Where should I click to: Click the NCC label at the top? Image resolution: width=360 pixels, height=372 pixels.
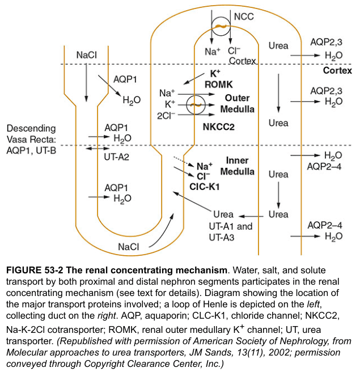pos(244,16)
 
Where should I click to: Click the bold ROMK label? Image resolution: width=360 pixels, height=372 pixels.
pos(218,84)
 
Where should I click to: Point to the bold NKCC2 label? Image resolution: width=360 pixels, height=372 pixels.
pos(218,127)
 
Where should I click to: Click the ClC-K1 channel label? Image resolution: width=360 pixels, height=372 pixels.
pos(205,187)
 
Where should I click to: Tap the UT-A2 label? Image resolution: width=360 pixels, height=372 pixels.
pos(116,157)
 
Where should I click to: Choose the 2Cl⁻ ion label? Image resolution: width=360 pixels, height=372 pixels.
pos(166,116)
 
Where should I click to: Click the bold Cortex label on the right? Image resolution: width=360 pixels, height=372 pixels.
pos(337,70)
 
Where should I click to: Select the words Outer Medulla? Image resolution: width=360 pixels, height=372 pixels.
pos(237,103)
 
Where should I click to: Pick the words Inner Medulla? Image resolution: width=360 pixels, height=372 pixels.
pos(237,166)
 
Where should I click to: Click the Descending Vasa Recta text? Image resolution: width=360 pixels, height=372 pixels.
pos(31,134)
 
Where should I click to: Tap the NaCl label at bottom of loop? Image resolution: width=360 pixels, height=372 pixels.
pos(128,247)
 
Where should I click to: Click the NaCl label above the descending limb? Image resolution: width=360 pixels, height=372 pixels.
pos(87,55)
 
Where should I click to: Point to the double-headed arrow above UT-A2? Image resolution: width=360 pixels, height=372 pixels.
pos(98,149)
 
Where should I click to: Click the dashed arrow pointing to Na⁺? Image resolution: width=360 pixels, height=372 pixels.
pos(184,161)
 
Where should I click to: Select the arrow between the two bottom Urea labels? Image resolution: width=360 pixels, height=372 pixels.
pos(251,216)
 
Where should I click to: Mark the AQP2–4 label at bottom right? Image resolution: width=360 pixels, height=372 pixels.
pos(325,225)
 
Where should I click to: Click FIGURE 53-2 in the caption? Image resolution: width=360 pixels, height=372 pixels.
pos(35,270)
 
